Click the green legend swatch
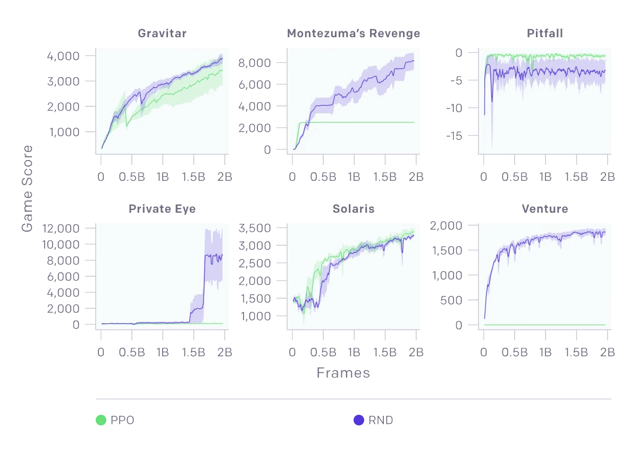tap(100, 419)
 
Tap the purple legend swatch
tap(359, 419)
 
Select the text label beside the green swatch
tap(123, 419)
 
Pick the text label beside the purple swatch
tap(382, 419)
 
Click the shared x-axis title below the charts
tap(342, 372)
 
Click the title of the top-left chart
tap(161, 33)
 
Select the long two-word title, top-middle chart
tap(352, 33)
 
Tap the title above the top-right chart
tap(546, 33)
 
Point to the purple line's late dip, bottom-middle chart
tap(402, 250)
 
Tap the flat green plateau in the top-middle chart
tap(362, 122)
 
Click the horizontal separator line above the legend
tap(353, 398)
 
